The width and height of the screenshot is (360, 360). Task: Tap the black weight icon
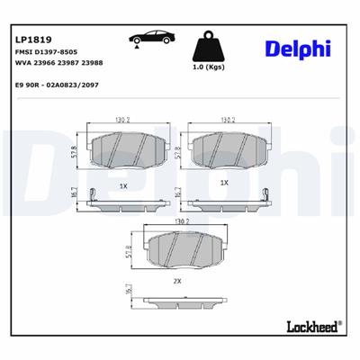pos(208,49)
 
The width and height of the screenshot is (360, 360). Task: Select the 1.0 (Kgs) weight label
pos(208,69)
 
